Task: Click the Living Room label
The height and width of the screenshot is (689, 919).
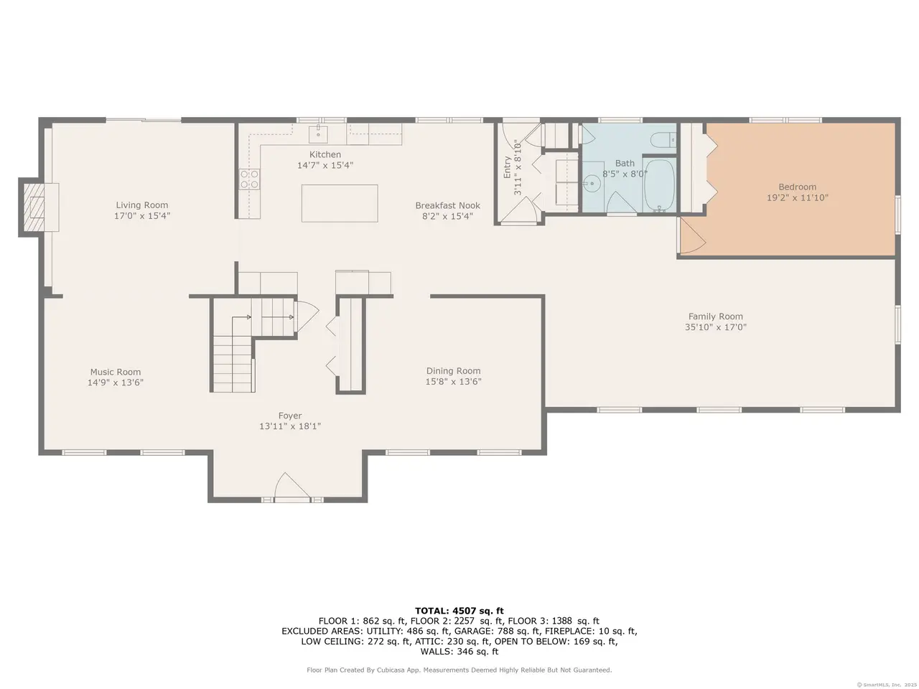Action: [142, 205]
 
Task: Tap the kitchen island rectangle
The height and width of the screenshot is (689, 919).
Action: [340, 203]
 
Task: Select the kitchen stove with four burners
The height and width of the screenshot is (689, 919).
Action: [249, 179]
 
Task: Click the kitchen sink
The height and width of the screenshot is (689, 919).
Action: [318, 134]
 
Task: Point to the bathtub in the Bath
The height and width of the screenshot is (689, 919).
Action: [659, 186]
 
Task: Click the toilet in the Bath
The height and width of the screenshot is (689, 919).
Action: [664, 139]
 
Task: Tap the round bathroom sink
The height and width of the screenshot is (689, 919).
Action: [592, 183]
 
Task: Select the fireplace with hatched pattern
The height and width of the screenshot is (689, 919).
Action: [34, 207]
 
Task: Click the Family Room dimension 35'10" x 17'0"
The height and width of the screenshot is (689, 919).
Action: [716, 327]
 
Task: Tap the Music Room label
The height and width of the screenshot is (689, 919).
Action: [116, 372]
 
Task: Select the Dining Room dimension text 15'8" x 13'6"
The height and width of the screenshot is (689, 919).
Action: [454, 382]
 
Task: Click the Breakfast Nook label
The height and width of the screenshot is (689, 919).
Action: [447, 205]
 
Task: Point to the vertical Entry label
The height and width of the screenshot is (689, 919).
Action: [507, 167]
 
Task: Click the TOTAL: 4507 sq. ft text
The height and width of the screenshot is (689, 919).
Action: [459, 611]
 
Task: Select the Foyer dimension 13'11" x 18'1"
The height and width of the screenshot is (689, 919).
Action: [290, 426]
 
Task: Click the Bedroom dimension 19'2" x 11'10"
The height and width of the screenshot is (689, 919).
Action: [798, 197]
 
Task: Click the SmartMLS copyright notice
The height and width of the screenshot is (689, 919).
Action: [887, 685]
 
